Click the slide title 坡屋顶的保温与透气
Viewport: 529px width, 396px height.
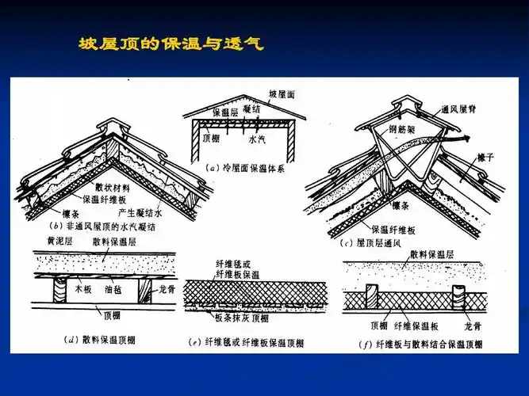pos(171,44)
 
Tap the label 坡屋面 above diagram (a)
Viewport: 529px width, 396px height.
pos(282,93)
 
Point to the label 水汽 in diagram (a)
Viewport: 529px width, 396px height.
pos(258,139)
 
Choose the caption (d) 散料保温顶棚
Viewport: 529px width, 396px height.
pos(99,340)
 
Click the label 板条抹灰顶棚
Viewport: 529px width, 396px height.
pos(241,319)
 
